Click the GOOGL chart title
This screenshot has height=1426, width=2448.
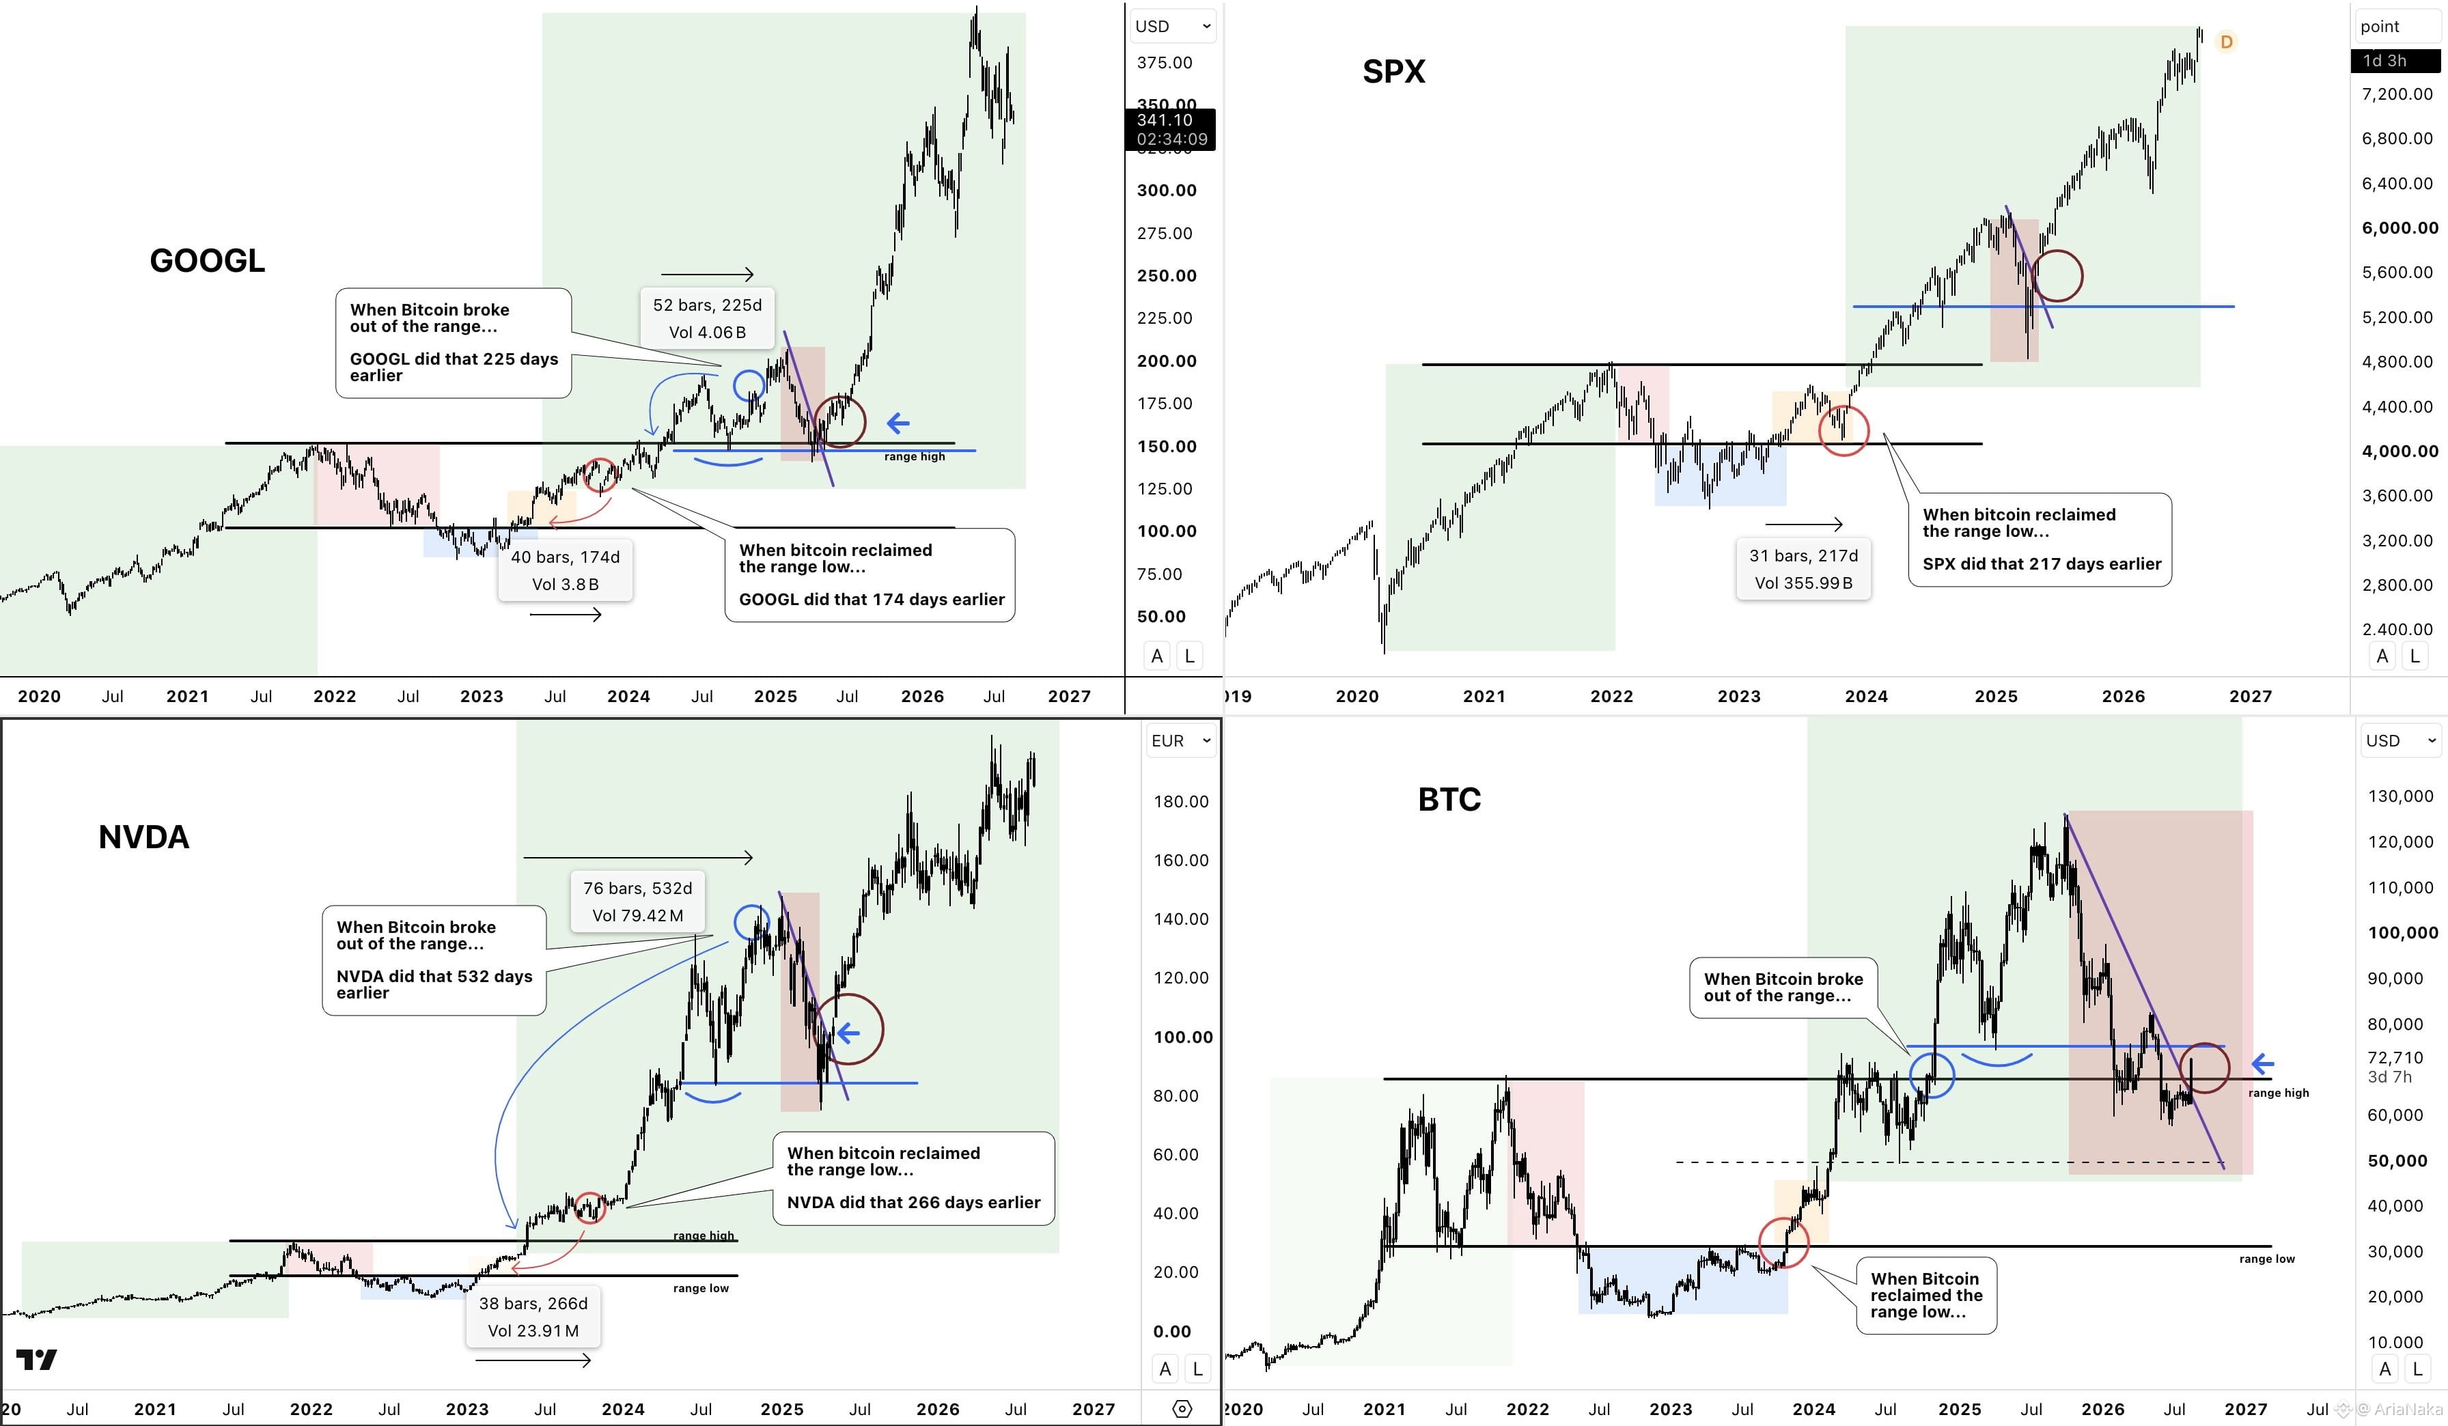pos(207,260)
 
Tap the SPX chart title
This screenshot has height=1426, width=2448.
pos(1394,71)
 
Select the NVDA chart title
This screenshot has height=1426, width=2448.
pos(143,837)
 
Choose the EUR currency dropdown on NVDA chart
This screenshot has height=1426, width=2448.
pos(1180,741)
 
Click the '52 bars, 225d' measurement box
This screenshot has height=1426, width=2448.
pos(707,318)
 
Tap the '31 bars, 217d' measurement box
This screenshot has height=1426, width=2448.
pos(1803,569)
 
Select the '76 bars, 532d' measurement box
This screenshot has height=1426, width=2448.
pos(637,901)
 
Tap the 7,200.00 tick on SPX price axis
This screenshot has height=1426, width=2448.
pos(2397,94)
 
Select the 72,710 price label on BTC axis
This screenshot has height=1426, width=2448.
pos(2395,1057)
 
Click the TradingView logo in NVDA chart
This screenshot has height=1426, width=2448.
pos(37,1359)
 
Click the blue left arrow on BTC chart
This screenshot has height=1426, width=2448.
pos(2262,1063)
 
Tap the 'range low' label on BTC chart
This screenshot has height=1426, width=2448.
pos(2267,1259)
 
